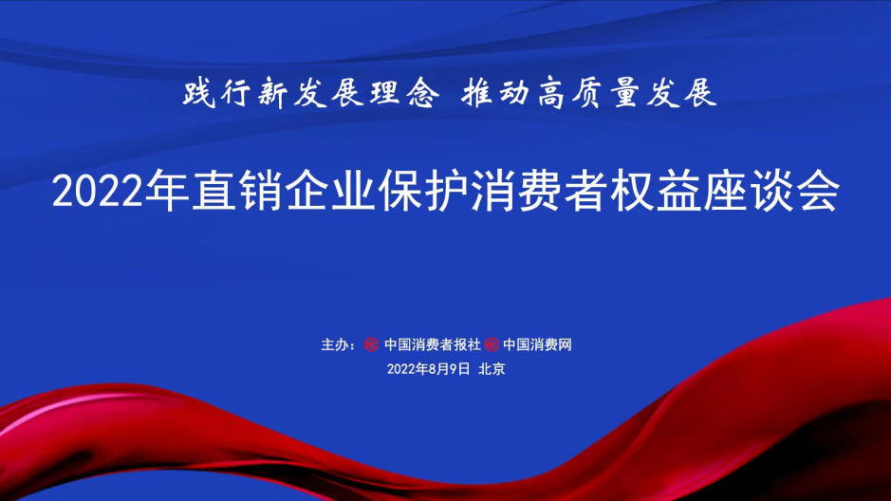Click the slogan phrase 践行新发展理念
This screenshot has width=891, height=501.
(311, 95)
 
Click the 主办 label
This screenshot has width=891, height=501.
(336, 343)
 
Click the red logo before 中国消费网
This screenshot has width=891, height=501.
(492, 343)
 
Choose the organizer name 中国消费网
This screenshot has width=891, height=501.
(537, 343)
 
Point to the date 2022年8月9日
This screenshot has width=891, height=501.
(429, 370)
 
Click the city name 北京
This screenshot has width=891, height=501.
(492, 370)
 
